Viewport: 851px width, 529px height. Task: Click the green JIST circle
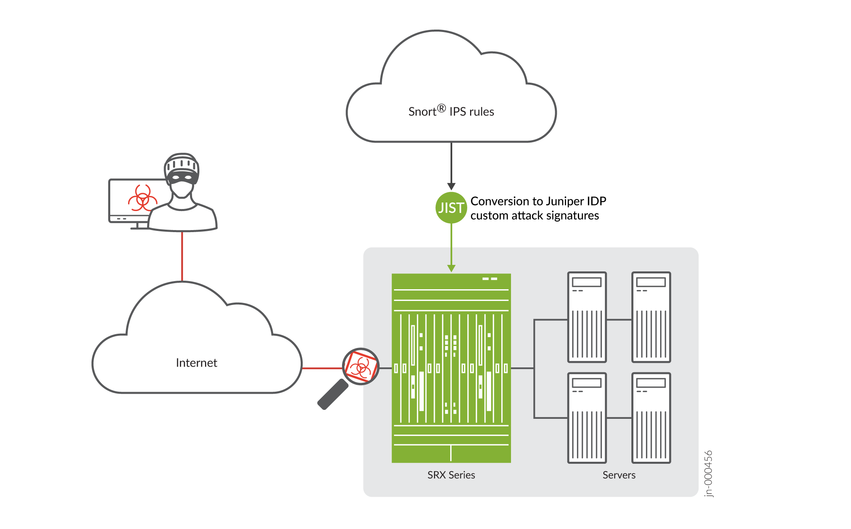coord(451,208)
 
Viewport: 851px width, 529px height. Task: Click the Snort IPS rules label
coord(451,111)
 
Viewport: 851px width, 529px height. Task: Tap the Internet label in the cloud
coord(197,363)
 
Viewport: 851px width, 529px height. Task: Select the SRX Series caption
coord(451,475)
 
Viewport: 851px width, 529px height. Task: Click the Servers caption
coord(619,475)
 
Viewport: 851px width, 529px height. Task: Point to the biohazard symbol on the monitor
coord(142,198)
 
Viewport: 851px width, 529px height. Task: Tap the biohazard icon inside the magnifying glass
coord(360,367)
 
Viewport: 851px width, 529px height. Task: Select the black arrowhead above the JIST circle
coord(451,186)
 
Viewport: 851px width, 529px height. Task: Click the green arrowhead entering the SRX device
coord(451,268)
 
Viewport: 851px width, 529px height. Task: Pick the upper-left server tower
coord(587,317)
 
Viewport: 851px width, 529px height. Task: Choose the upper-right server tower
coord(651,317)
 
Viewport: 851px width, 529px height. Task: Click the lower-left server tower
coord(587,418)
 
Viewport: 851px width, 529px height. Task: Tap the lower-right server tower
coord(651,418)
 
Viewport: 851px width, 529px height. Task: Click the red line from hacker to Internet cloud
coord(182,256)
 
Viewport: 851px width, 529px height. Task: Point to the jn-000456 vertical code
coord(708,473)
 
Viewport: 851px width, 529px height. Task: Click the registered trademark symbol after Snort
coord(441,108)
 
